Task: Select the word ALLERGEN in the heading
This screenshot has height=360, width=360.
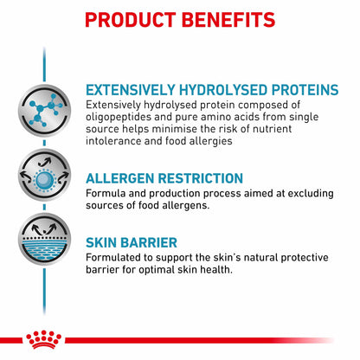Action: pyautogui.click(x=124, y=179)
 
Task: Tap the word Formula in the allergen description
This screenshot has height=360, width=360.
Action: pyautogui.click(x=106, y=195)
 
